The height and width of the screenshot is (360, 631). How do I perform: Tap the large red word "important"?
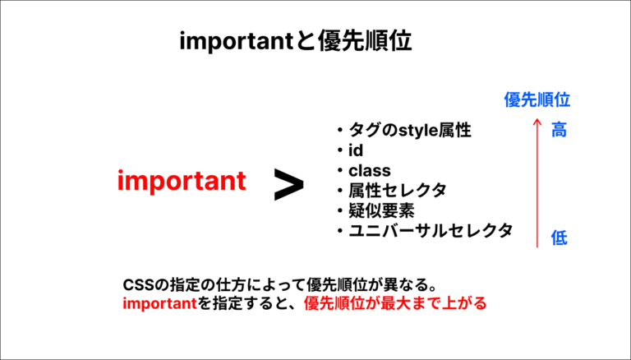(181, 181)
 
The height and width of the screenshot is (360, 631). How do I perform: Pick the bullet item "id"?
(356, 150)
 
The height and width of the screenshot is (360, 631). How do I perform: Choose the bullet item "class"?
(369, 170)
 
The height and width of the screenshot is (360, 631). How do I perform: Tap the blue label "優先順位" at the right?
(537, 100)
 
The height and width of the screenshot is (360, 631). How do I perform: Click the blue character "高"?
(559, 130)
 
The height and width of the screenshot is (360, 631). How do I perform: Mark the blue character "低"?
(559, 238)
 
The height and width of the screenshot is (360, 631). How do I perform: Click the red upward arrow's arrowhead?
(537, 123)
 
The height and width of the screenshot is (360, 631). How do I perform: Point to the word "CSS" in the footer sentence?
(137, 284)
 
